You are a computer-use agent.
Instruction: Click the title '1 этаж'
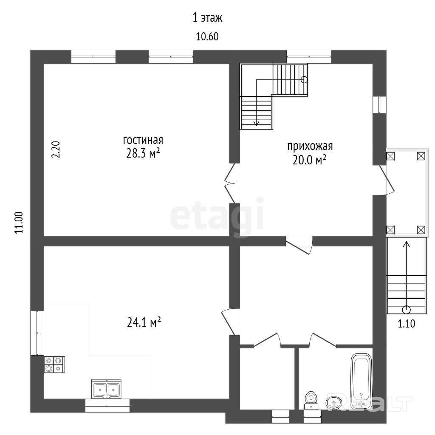pos(207,18)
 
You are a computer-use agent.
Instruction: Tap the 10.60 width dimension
pos(207,37)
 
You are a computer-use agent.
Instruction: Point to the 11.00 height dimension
pos(19,223)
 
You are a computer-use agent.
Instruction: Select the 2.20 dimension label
pos(56,150)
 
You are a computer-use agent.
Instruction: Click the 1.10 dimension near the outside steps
pos(407,324)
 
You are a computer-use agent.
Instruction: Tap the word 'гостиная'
pos(143,140)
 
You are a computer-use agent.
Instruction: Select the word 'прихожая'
pos(310,146)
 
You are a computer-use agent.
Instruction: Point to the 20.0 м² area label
pos(309,160)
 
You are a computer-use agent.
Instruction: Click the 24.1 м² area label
pos(144,322)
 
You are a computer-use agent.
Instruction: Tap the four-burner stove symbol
pos(54,364)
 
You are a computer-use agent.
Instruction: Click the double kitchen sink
pos(106,389)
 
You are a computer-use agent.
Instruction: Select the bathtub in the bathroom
pos(361,381)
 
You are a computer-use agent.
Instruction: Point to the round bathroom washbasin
pos(334,403)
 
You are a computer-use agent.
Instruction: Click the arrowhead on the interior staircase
pos(256,124)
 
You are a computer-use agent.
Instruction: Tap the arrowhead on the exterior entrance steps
pos(407,244)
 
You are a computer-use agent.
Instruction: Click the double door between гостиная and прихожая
pos(230,183)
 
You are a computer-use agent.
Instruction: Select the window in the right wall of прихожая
pos(379,105)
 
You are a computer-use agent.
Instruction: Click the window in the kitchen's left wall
pos(37,333)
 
